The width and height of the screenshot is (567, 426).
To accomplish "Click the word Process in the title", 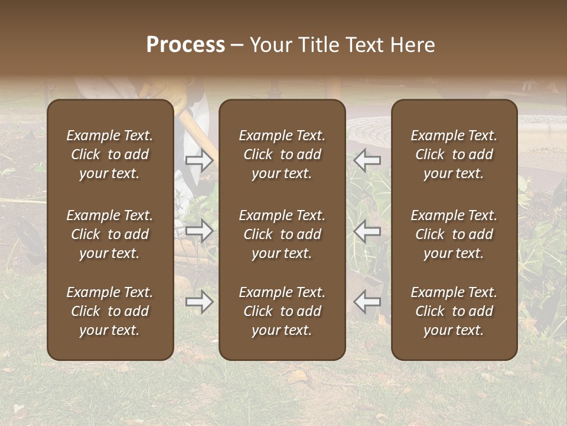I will click(x=185, y=45).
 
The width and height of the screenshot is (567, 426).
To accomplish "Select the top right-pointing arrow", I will click(x=200, y=160).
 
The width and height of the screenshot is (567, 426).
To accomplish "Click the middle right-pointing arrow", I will click(x=200, y=231).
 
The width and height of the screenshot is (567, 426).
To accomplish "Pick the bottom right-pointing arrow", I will click(x=200, y=302).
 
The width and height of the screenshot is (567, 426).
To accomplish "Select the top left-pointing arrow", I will click(x=367, y=160).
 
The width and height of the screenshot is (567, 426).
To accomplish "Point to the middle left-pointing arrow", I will click(x=367, y=231).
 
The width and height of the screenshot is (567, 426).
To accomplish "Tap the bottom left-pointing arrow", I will click(x=367, y=302).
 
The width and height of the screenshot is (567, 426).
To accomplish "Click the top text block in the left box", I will click(x=110, y=154).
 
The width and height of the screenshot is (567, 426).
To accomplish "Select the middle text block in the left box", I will click(x=110, y=234).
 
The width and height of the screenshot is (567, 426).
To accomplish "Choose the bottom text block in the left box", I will click(x=110, y=311).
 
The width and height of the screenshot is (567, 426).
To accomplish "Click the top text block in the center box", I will click(x=282, y=154).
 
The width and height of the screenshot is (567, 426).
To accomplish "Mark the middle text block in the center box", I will click(x=282, y=234).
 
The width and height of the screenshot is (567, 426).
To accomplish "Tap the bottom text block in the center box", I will click(x=282, y=311).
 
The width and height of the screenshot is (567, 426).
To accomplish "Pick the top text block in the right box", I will click(x=454, y=154).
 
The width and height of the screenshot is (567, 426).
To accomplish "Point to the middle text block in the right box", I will click(x=454, y=234).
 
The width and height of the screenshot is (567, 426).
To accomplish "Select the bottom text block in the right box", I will click(x=454, y=311).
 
